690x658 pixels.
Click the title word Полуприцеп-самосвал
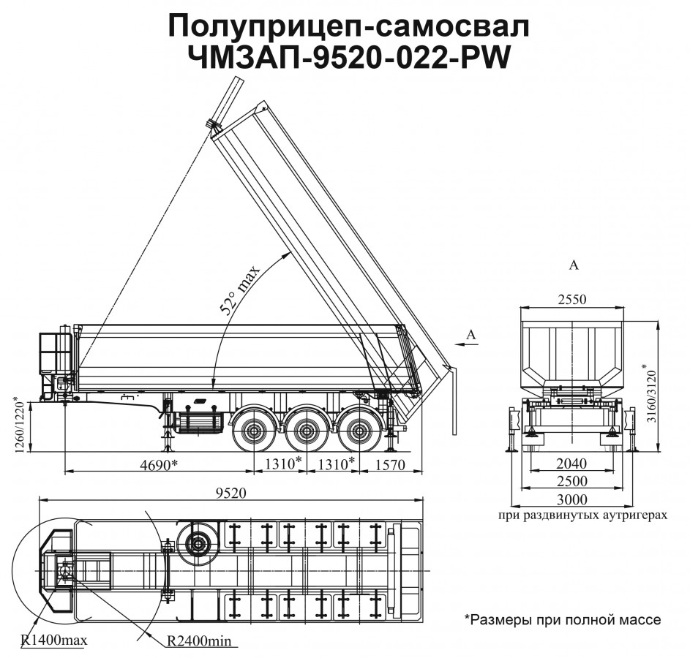[x=348, y=26]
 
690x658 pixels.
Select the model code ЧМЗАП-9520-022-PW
[x=349, y=58]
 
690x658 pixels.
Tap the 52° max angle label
[x=241, y=292]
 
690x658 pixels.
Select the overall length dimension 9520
[x=230, y=493]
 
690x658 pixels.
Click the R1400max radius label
[x=54, y=641]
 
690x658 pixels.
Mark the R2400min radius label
[x=198, y=641]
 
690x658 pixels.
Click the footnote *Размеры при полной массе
[x=562, y=620]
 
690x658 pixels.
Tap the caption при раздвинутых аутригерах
[x=582, y=515]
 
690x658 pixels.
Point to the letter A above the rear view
[x=574, y=265]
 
